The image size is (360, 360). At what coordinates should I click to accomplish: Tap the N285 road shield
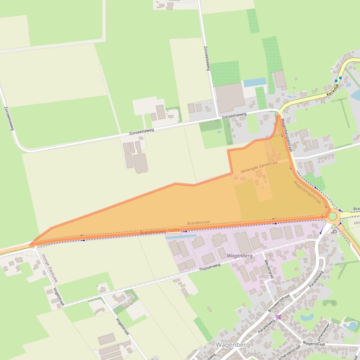point(173,230)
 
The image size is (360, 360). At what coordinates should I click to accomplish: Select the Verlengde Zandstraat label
point(259,167)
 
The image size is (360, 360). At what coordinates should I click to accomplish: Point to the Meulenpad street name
point(268,269)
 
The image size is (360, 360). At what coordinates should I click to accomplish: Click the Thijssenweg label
point(209,267)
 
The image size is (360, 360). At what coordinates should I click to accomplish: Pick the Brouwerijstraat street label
point(280,303)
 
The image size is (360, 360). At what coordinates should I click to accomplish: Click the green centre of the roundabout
point(332,216)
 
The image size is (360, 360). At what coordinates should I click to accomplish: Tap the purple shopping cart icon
point(279,317)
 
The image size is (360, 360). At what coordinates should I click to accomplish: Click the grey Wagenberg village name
point(232,345)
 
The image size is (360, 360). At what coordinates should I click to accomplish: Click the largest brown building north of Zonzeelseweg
point(229,97)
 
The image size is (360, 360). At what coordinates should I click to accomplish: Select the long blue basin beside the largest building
point(255,82)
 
